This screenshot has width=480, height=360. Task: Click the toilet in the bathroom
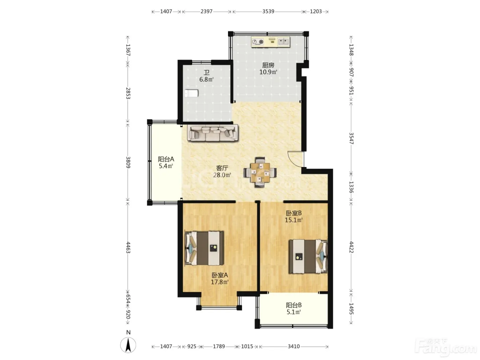192,93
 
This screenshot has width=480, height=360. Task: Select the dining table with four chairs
260,172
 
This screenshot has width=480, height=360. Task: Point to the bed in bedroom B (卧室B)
308,256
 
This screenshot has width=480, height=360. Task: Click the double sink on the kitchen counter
284,41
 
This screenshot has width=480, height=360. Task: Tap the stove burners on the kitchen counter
258,42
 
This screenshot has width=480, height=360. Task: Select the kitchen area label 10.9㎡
268,72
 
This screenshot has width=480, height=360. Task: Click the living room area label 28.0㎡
222,175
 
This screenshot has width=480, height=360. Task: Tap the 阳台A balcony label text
166,159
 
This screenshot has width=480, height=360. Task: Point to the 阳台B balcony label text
294,305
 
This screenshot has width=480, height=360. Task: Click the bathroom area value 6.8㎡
206,79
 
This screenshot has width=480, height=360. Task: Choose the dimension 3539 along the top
268,11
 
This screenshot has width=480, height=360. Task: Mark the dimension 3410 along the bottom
294,346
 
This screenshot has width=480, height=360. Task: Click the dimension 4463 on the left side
128,248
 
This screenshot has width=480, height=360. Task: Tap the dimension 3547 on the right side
351,139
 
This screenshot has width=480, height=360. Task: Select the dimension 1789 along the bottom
219,346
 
